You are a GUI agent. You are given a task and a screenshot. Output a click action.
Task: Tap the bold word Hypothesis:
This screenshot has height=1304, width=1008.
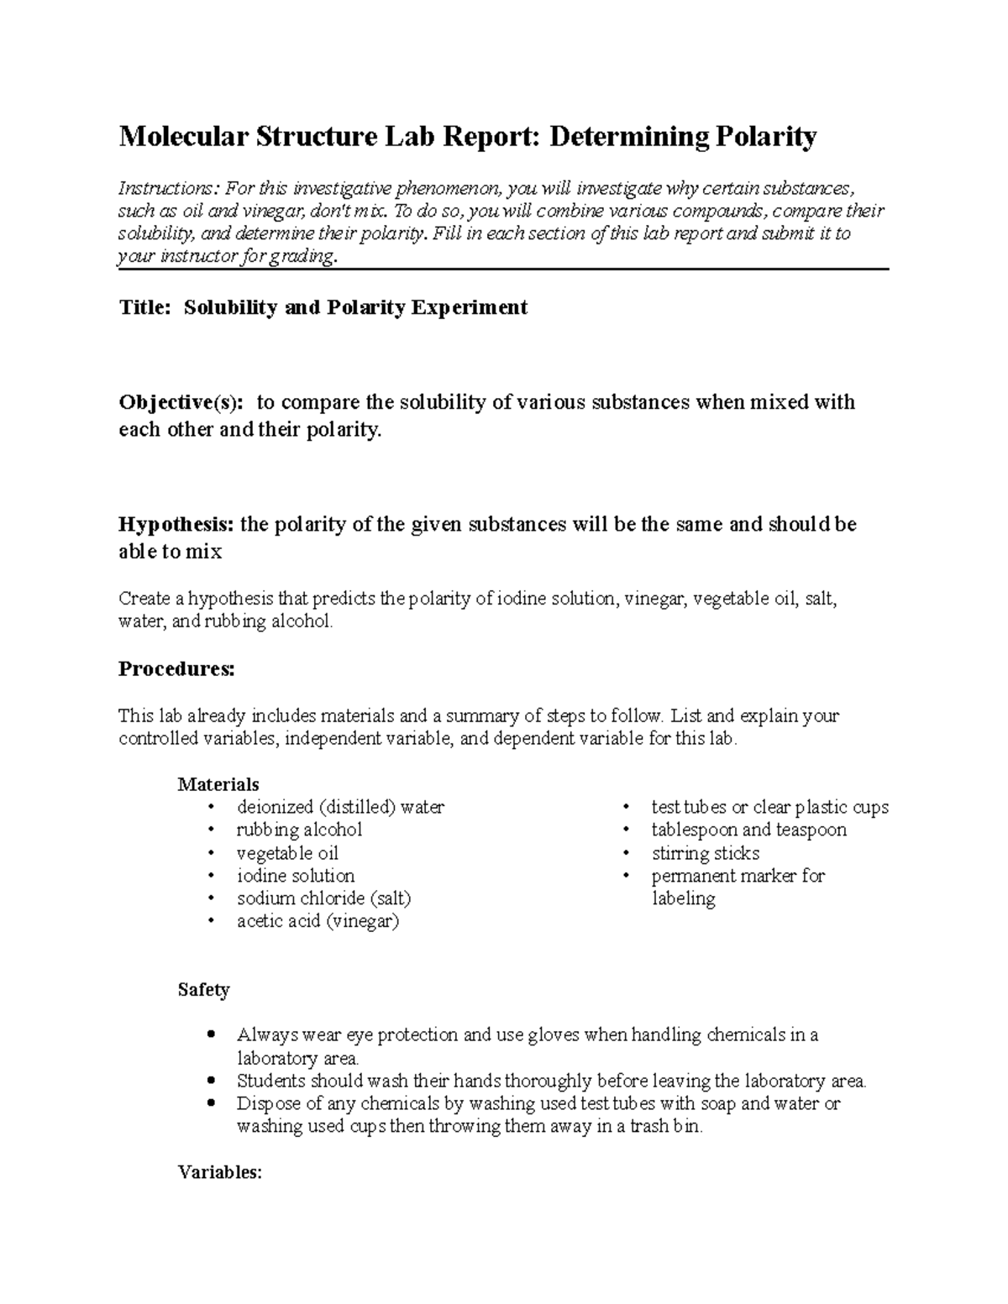point(176,525)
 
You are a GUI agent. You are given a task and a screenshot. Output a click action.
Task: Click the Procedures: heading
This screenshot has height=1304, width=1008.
point(176,669)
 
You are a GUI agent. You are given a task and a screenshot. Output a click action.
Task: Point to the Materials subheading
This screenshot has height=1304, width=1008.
point(218,784)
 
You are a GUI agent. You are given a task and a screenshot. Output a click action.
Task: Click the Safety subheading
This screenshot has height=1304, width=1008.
point(203,990)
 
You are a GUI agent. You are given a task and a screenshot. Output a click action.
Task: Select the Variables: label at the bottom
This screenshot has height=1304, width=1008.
point(220,1172)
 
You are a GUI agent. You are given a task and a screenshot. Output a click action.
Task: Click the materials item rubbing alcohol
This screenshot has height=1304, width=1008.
point(299,830)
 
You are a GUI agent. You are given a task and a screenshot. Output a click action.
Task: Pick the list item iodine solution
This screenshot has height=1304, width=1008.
point(295,876)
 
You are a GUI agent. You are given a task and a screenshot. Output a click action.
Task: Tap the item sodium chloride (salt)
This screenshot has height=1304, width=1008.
point(323,898)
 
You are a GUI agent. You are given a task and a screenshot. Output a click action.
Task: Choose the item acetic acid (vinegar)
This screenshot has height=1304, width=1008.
point(318,921)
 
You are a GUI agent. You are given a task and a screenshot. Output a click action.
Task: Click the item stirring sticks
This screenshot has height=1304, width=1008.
point(705,853)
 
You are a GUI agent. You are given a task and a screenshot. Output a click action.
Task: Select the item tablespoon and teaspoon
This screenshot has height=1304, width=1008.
point(748,830)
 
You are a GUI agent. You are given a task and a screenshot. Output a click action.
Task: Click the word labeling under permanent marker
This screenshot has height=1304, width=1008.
point(683,898)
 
